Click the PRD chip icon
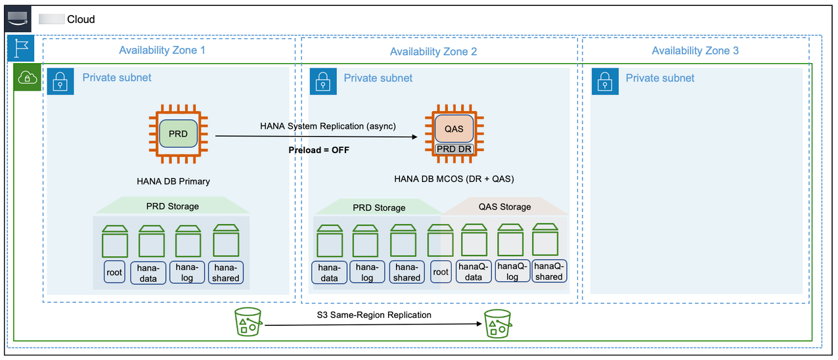point(178,134)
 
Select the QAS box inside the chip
point(454,129)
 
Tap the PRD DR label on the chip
point(454,148)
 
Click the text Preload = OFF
point(319,150)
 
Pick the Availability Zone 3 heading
point(695,51)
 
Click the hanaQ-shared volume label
point(549,271)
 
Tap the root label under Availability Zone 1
point(114,272)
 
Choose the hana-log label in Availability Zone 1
point(187,273)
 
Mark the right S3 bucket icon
point(498,324)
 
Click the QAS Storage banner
point(505,207)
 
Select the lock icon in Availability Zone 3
point(605,81)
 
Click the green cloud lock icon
point(27,78)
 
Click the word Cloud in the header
point(81,19)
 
